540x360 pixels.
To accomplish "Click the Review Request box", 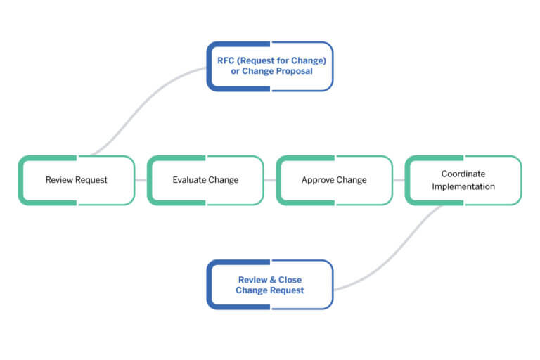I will [76, 180].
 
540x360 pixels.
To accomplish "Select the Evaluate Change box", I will [205, 180].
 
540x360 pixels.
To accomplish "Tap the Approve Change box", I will [334, 180].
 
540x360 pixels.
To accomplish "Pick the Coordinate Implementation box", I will [463, 180].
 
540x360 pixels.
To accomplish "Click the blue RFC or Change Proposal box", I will [270, 66].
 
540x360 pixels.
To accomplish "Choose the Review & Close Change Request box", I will [270, 285].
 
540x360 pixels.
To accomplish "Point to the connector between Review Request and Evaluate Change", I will [141, 180].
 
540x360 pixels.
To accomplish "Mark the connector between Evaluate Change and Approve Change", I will [270, 180].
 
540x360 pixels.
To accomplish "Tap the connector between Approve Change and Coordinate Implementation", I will [399, 180].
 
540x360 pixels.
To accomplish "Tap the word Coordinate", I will [463, 174].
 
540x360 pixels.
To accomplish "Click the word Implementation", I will [463, 186].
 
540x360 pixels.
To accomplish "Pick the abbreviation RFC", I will [226, 60].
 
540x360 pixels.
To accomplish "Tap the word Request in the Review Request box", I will [92, 180].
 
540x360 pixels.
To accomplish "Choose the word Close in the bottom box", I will [289, 279].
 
